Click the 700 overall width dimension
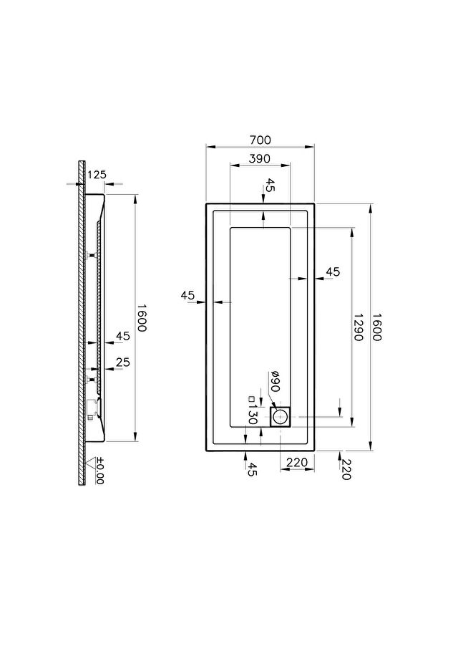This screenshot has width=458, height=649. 260,140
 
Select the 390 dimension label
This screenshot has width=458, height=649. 260,158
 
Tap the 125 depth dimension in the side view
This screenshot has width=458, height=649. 97,175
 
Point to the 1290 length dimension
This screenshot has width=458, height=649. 358,327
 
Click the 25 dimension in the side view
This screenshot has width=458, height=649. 123,362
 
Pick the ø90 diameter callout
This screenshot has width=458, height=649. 276,381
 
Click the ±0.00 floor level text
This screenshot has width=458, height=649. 99,471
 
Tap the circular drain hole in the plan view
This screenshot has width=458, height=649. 280,417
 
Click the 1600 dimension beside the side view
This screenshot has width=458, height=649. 142,318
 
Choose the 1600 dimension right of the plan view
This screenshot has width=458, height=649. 376,327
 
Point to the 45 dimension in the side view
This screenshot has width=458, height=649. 123,336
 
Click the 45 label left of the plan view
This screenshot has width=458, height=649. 187,296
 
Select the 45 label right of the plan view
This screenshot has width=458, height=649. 333,272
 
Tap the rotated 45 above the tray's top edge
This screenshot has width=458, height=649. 269,186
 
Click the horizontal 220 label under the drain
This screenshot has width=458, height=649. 297,462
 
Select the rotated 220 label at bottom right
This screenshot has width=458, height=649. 346,470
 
